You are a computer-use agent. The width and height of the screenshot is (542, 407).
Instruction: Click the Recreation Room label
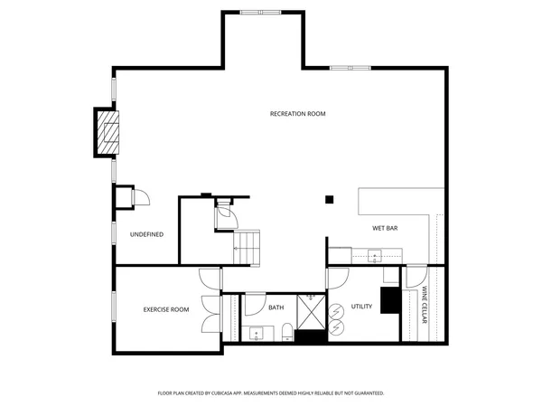click(x=297, y=114)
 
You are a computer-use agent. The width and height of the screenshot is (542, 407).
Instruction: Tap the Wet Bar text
click(x=385, y=228)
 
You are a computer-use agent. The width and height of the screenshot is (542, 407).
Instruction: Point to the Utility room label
click(x=361, y=308)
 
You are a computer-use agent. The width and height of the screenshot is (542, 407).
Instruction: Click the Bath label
click(x=276, y=308)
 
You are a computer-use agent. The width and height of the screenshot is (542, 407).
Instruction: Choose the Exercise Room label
click(x=166, y=310)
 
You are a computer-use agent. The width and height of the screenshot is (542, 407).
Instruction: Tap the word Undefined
click(x=146, y=234)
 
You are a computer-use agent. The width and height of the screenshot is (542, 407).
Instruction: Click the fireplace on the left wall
click(x=107, y=133)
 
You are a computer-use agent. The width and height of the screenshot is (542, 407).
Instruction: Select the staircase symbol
click(x=248, y=245)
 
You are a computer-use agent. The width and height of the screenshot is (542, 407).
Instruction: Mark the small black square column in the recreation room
click(x=330, y=199)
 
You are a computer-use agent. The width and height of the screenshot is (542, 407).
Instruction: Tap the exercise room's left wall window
click(x=113, y=308)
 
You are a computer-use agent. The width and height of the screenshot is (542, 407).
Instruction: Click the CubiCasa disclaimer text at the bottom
click(x=271, y=393)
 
